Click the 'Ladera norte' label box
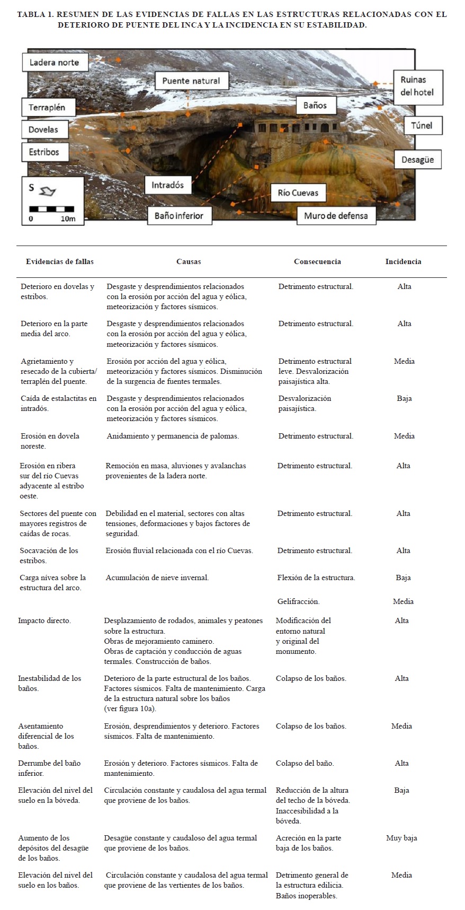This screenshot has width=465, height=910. (x=54, y=62)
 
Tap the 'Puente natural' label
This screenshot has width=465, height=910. (x=191, y=81)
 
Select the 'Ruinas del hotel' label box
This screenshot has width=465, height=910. (x=417, y=86)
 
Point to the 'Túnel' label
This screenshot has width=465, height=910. (x=422, y=125)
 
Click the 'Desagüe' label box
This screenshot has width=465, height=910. (x=417, y=159)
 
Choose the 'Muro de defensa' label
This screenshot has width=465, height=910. (x=336, y=216)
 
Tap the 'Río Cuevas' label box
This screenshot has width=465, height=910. (x=298, y=192)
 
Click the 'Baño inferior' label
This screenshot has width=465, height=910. (x=179, y=216)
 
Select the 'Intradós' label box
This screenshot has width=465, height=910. (x=167, y=185)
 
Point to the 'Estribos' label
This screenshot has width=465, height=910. (x=44, y=152)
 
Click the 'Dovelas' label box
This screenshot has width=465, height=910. (x=43, y=129)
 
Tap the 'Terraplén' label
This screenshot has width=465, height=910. (x=47, y=107)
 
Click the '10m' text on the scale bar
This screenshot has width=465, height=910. (x=68, y=218)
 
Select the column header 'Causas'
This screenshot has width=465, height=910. (x=189, y=261)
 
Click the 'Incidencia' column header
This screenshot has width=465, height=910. (x=403, y=261)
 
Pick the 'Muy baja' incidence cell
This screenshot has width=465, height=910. (x=401, y=838)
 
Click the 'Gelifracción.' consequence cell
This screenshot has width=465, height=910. (x=298, y=601)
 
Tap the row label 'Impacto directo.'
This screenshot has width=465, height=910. (x=44, y=620)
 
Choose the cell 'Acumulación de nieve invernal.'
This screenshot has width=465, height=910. (x=157, y=577)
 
